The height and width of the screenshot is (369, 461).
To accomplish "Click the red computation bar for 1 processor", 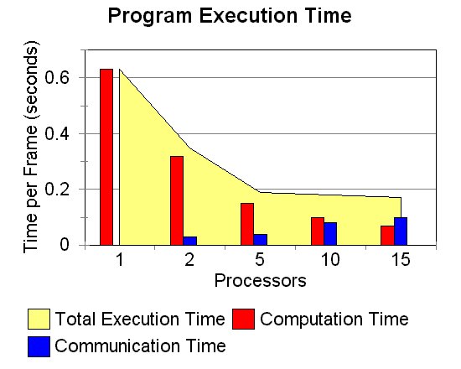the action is coord(106,157).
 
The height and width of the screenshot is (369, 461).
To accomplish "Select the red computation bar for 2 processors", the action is coord(177,200).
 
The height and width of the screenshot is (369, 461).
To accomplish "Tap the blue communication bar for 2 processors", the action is coord(190,241).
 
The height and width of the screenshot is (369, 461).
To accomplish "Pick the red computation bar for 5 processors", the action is coord(247,224).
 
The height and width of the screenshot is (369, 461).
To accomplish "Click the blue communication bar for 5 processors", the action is coord(260,240).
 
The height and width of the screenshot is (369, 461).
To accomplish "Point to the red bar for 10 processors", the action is coord(318,231).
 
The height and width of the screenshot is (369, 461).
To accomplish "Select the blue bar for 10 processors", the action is coord(330,234).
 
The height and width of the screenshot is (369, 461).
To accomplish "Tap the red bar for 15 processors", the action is coord(387,236).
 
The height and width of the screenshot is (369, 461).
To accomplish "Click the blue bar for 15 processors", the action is coord(401,231).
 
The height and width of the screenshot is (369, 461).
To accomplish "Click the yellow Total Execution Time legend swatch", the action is coord(39,319).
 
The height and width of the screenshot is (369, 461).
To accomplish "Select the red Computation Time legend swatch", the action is coord(243,319).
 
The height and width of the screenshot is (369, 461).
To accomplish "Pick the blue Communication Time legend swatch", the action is coord(39,346).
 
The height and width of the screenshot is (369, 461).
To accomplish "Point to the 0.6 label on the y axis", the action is coord(57,78).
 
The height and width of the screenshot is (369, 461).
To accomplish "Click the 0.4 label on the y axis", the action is coord(57,134).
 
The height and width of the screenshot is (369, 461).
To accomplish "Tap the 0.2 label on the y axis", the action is coord(57,190).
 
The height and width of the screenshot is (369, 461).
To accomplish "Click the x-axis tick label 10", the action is coord(330,259).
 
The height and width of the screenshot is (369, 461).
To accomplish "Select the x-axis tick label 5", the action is coord(260,259).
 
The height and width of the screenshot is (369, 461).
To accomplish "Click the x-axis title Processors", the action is coord(260,281).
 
